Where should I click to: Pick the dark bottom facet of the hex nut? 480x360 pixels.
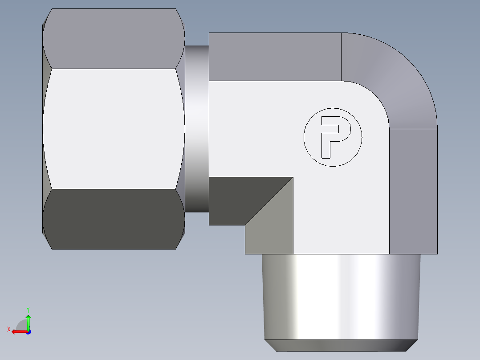point(114,218)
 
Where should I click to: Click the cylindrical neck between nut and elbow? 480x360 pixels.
point(196,129)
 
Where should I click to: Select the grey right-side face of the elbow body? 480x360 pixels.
point(413,192)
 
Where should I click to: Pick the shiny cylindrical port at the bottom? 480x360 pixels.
point(341,296)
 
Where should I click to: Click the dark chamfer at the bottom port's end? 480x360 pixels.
point(341,345)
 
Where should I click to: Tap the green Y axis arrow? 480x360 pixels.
point(28,320)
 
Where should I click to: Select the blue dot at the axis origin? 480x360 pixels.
point(28,332)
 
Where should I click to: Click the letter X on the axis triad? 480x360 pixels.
point(8,330)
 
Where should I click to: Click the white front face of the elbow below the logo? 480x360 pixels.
point(341,209)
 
